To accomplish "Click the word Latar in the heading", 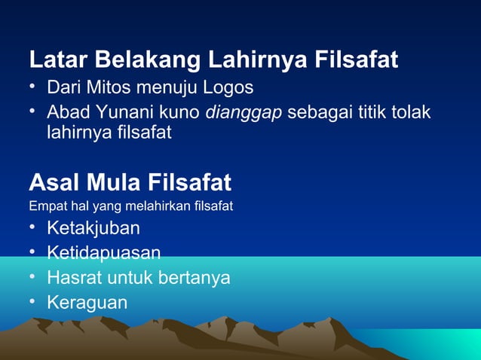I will coord(55,59).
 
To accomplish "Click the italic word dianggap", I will coord(244,112).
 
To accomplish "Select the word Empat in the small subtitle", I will coord(44,205).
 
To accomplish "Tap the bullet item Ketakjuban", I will coord(93,227).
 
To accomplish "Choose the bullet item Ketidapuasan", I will coord(103,252).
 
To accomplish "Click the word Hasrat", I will coord(72,277).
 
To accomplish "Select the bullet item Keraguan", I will coord(87,302).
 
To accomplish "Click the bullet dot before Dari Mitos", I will coord(33,87).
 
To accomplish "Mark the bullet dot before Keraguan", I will coord(33,301).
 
